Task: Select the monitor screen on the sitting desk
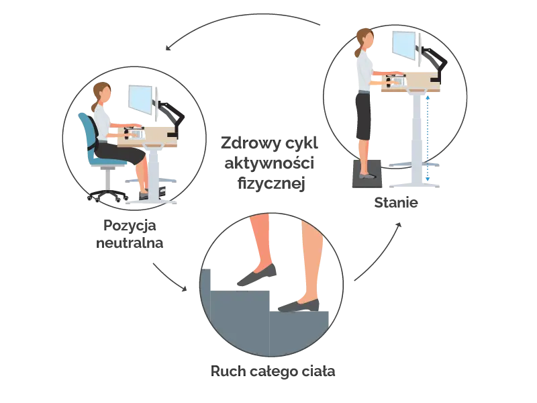[141, 97]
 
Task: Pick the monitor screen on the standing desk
[404, 46]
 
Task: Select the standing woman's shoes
[367, 176]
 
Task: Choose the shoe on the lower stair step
[299, 306]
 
